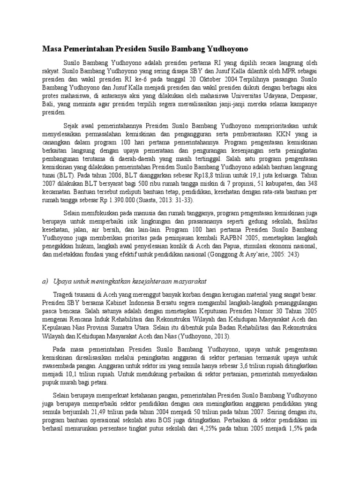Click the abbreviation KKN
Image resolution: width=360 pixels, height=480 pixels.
coord(289,134)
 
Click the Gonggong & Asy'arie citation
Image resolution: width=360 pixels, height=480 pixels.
coord(259,255)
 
